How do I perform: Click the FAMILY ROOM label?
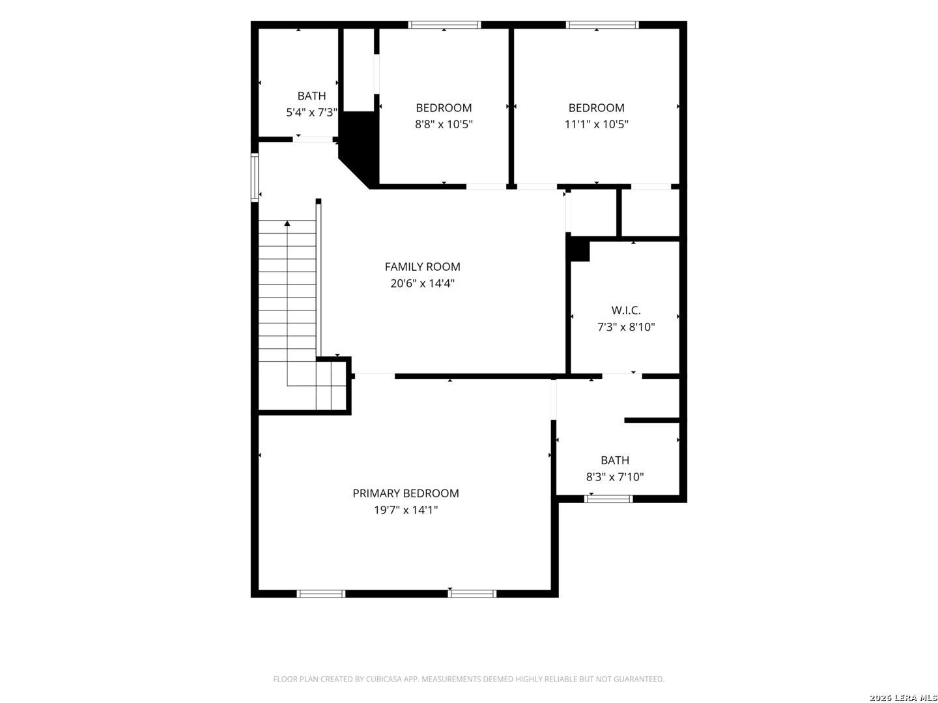[x=422, y=267]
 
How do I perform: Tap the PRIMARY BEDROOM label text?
[x=405, y=493]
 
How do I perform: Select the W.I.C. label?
[x=625, y=310]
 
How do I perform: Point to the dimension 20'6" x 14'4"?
[x=422, y=283]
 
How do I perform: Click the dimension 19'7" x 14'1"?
[x=405, y=510]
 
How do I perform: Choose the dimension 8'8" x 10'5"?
[x=444, y=124]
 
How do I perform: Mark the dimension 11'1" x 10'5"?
[x=596, y=124]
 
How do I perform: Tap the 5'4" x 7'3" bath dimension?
[x=311, y=112]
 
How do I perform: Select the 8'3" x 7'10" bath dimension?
[x=614, y=476]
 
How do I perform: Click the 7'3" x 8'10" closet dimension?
[x=625, y=327]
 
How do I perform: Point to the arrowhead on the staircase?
[x=287, y=223]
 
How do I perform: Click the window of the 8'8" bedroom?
[x=444, y=25]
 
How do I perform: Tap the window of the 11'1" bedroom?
[x=602, y=25]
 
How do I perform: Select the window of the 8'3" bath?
[x=608, y=499]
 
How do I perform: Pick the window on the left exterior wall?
[x=254, y=177]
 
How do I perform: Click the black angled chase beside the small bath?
[x=359, y=147]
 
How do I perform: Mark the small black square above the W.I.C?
[x=578, y=249]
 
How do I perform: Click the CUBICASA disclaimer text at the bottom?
[x=468, y=679]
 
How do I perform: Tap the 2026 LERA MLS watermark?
[x=903, y=697]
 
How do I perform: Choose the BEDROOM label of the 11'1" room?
[x=596, y=107]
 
